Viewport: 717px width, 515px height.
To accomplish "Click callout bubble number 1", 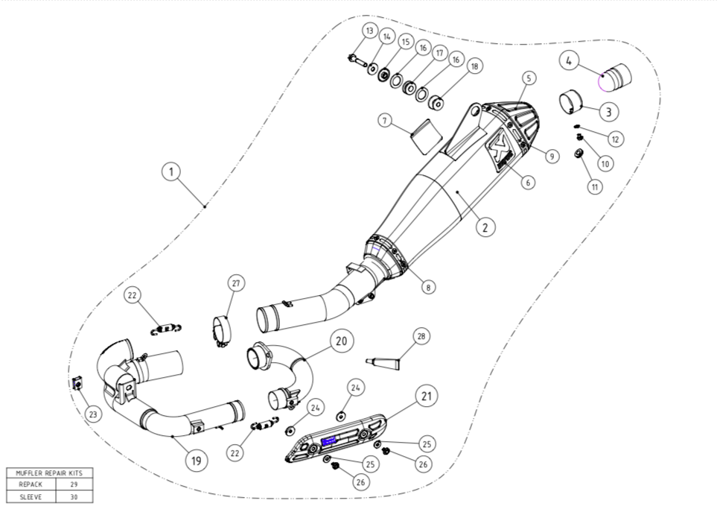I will (171, 172).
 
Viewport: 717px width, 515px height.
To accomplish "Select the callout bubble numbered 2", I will (485, 227).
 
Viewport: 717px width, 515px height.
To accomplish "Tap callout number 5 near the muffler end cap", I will (529, 78).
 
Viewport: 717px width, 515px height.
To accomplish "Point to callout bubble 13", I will (369, 31).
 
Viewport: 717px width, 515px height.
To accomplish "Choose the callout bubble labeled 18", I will (474, 66).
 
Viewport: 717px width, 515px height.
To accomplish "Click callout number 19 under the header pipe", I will (195, 461).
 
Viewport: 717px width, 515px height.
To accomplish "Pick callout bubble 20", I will (341, 341).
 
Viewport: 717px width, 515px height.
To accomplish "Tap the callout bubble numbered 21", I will (426, 396).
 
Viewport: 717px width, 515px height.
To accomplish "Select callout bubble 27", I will (236, 283).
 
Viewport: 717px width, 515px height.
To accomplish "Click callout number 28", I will (421, 337).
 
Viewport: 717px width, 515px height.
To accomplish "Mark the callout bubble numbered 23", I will (92, 414).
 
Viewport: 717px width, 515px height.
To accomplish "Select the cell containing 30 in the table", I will (72, 496).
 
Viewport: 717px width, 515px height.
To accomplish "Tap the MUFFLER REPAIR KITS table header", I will (49, 473).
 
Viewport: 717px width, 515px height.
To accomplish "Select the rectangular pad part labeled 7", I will (424, 131).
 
